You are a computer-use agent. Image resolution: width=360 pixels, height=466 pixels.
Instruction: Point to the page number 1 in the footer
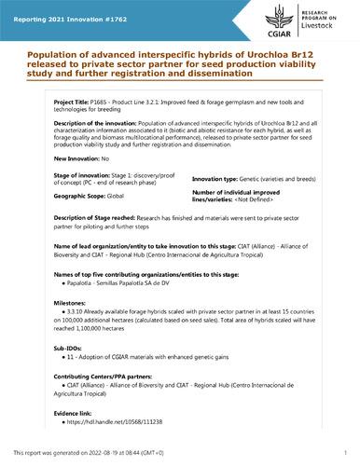click(x=344, y=459)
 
